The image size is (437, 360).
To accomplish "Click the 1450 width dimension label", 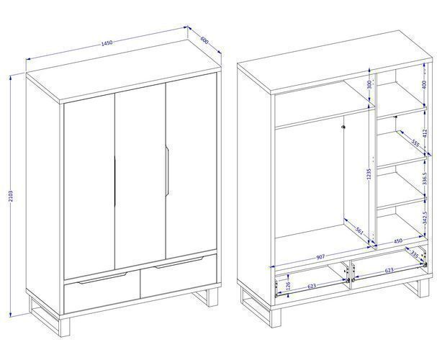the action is (x=107, y=43).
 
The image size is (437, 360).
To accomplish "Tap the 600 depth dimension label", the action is (x=204, y=40).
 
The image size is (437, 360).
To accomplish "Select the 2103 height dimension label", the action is (x=11, y=196).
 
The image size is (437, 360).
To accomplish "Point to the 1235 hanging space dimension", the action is (x=369, y=174).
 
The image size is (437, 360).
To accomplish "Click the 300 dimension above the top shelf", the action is (x=369, y=84).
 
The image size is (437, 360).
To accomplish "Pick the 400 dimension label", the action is (x=425, y=84).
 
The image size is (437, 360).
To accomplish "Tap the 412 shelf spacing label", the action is (x=425, y=133).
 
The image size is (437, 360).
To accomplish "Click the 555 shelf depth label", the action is (x=415, y=144).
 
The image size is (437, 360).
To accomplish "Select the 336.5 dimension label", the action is (x=425, y=179).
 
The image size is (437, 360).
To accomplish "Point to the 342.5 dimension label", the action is (x=425, y=218).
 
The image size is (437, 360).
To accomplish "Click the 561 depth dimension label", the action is (x=360, y=230).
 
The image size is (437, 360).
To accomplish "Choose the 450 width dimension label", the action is (x=397, y=240).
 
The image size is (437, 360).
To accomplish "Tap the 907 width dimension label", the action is (x=320, y=257).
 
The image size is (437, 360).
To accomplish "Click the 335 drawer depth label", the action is (x=415, y=254).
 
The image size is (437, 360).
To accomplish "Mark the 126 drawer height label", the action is (x=289, y=285).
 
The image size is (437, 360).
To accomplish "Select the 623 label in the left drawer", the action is (x=312, y=286).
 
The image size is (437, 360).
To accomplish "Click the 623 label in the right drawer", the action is (x=389, y=270).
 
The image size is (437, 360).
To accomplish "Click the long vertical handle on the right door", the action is (x=167, y=171).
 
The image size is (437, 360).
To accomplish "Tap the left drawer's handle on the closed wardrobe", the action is (x=102, y=279).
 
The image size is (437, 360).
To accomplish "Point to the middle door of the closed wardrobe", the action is (x=140, y=176).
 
